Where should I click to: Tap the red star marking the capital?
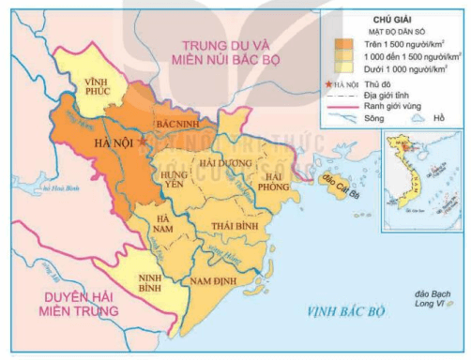point(141,141)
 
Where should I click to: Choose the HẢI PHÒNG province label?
point(277,180)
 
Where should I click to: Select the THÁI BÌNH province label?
point(235,228)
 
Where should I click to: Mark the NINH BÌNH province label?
point(155,282)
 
